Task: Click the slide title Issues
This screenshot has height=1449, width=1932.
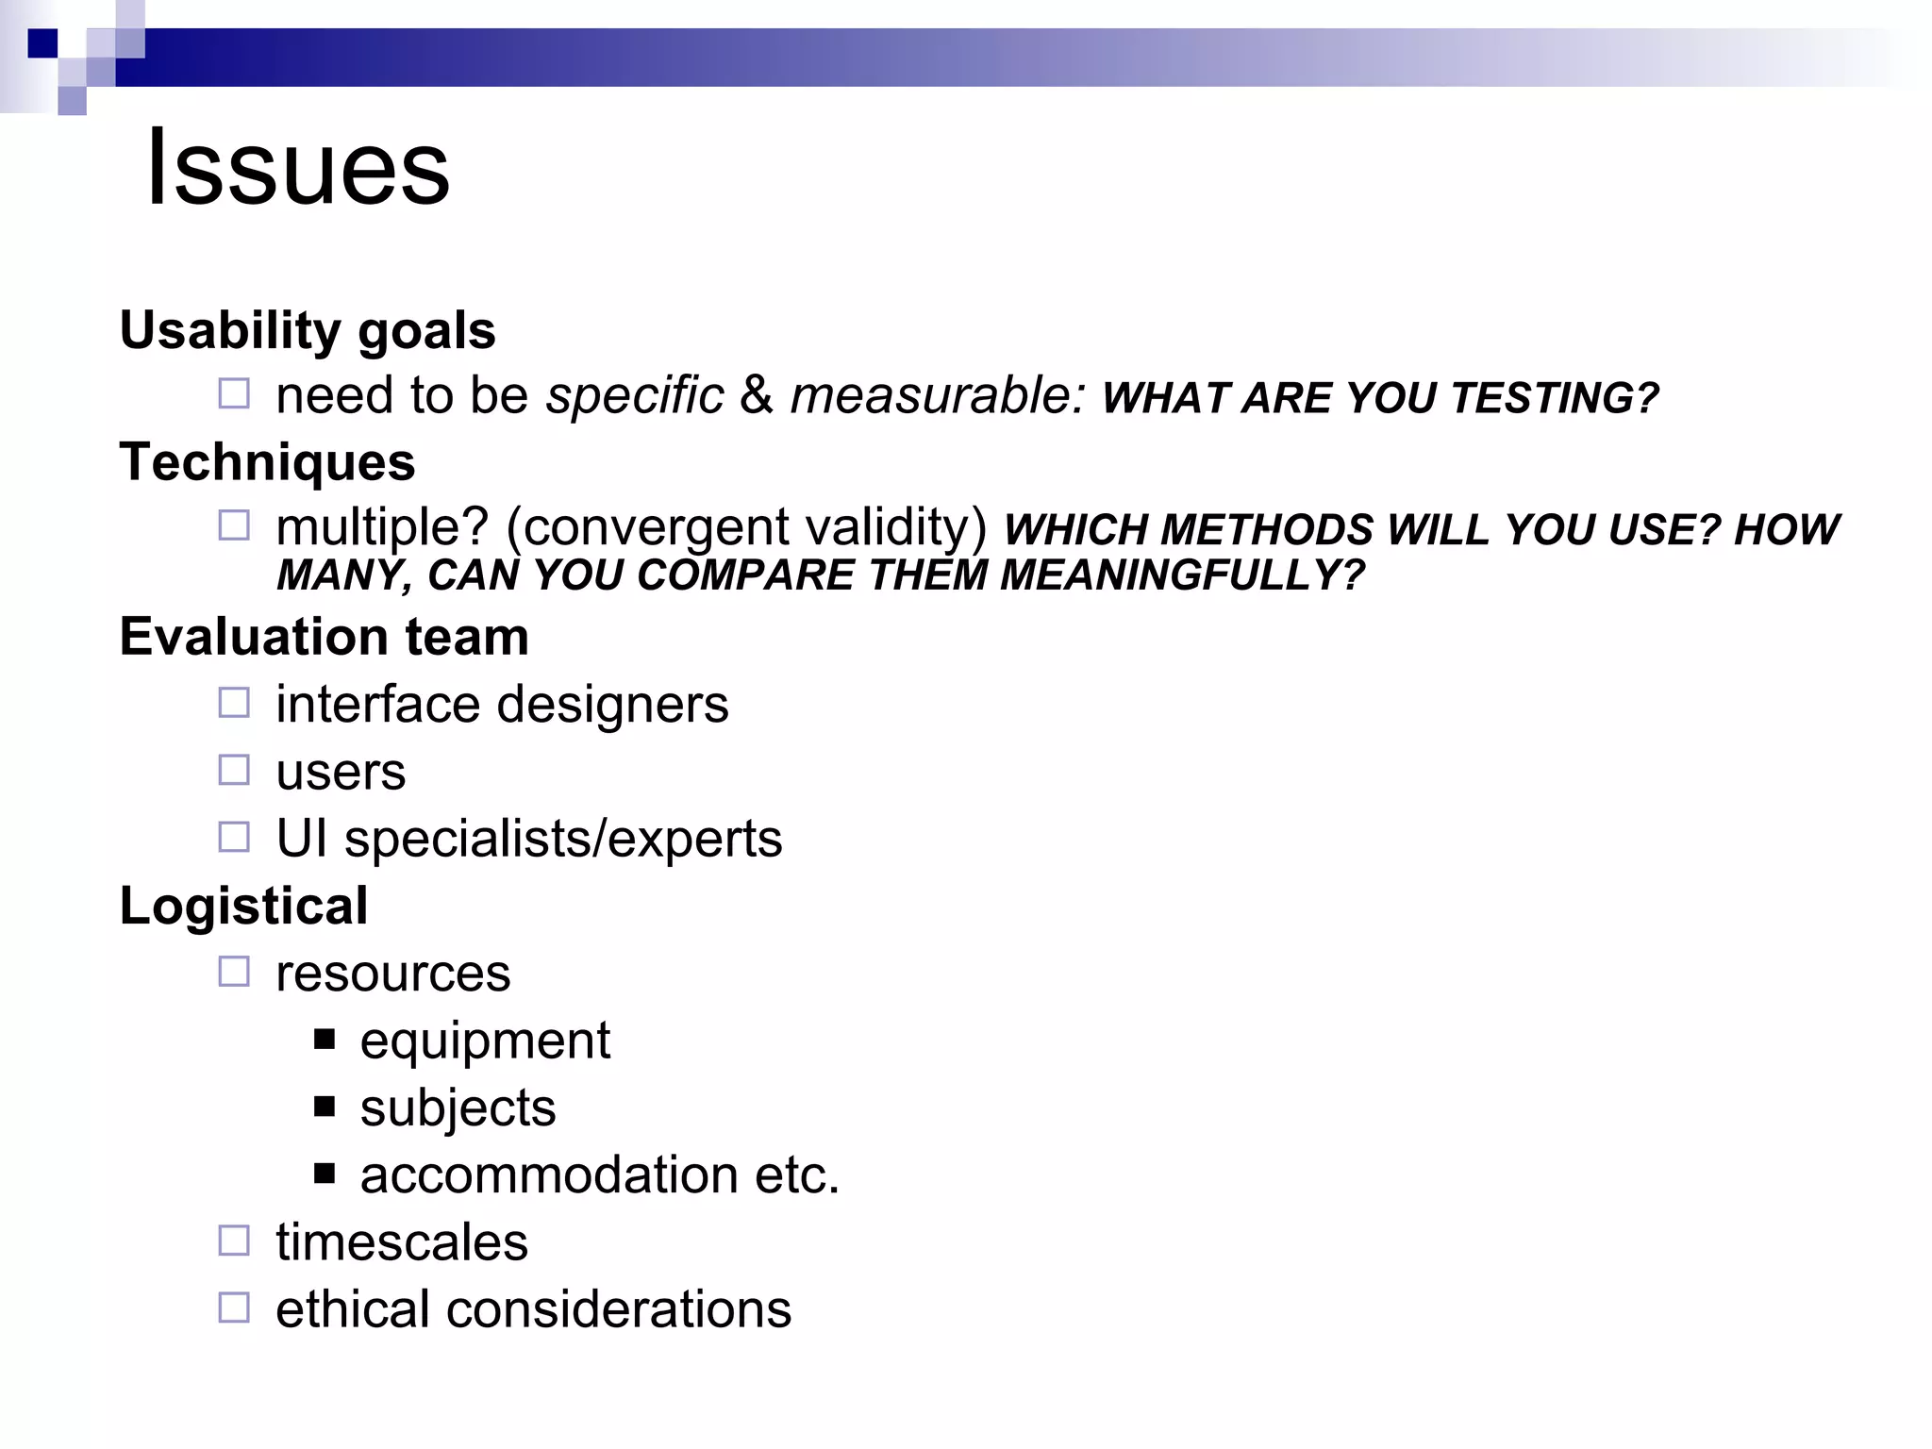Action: [x=298, y=168]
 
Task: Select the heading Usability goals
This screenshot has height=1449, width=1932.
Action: [x=308, y=330]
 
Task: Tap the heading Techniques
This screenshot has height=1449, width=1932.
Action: [x=267, y=462]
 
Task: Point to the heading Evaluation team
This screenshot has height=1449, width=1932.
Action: [x=324, y=637]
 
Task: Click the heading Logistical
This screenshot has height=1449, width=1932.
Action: [x=243, y=906]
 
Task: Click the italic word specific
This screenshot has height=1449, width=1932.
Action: [x=635, y=394]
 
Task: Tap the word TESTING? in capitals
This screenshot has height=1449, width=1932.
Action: [x=1555, y=398]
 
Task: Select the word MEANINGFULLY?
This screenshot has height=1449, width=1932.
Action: [x=1182, y=575]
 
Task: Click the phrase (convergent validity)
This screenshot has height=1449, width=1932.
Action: [x=746, y=526]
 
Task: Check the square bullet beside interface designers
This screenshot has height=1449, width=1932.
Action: [x=234, y=703]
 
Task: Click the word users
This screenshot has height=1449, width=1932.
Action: [x=341, y=772]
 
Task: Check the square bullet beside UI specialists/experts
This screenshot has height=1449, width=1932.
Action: [x=234, y=837]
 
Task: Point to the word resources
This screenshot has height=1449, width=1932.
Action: [x=392, y=973]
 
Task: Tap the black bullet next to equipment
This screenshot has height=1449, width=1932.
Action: [x=325, y=1040]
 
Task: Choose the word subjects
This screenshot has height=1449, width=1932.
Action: [x=458, y=1108]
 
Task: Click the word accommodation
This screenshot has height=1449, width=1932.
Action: [x=549, y=1175]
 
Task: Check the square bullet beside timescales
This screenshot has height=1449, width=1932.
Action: [x=234, y=1241]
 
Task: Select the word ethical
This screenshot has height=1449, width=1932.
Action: [x=353, y=1309]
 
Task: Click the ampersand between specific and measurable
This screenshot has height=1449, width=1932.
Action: [x=757, y=394]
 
